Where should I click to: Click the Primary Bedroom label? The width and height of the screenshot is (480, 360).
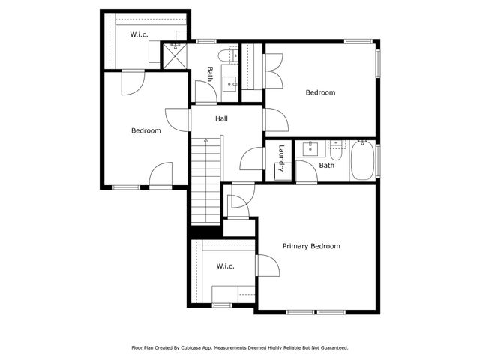311,246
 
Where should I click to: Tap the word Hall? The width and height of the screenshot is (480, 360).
221,118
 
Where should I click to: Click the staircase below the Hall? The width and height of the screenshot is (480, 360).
205,180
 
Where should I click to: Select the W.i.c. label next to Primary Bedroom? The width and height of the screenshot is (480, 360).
226,266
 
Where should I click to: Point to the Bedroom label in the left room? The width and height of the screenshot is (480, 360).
145,130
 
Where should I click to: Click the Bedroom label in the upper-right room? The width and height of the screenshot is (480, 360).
320,92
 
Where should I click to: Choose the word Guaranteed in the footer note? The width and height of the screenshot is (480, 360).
331,347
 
